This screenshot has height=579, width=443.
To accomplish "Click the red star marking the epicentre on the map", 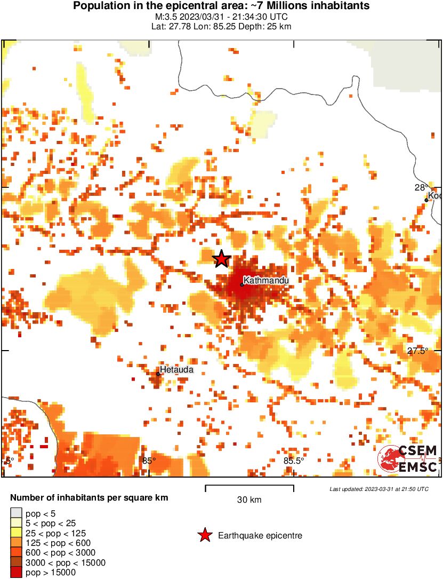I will tap(222, 259).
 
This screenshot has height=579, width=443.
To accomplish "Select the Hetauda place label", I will tap(176, 369).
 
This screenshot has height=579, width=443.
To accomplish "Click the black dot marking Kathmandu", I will tap(242, 284).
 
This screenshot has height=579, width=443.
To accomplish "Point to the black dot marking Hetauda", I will tap(158, 374).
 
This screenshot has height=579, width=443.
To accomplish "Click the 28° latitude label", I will tap(421, 187).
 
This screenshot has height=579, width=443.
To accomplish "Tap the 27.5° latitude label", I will tap(418, 351).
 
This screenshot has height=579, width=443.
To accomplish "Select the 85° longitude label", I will tap(149, 461).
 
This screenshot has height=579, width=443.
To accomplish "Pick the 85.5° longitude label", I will tap(294, 461).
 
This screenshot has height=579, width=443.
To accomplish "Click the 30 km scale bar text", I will tap(249, 500).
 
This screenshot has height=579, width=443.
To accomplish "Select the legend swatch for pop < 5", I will tap(16, 513).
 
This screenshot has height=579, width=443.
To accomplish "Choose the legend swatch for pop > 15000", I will tap(16, 572).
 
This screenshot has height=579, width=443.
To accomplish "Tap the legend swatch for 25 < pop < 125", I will tap(16, 533).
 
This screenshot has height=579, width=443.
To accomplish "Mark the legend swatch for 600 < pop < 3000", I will tap(16, 552).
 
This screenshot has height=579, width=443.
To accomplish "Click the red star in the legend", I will tap(204, 535).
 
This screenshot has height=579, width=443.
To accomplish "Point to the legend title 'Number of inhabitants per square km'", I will tap(89, 498).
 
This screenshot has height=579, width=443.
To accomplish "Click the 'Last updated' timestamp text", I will tap(378, 489).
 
